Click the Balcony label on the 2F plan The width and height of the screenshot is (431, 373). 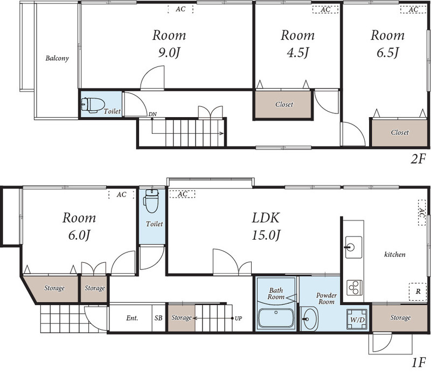pos(57,58)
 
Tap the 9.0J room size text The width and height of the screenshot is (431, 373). pos(169,52)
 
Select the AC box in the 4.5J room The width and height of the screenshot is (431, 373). pos(325,10)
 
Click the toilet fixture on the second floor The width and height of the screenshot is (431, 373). pos(93,105)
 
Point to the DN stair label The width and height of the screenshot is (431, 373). pos(152,114)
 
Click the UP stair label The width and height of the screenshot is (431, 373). pos(238,318)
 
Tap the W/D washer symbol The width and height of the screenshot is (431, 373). pos(357,320)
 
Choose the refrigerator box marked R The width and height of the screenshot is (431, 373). pos(418,291)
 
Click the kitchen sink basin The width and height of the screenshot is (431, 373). pos(353,247)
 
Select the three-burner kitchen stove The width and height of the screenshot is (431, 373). pos(354,287)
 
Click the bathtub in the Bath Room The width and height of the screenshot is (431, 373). pos(276,318)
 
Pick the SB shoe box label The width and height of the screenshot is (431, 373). pos(158,318)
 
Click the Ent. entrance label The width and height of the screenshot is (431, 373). pos(132,318)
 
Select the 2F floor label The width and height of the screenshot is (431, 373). pos(418,159)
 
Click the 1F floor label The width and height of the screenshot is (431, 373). pos(419,363)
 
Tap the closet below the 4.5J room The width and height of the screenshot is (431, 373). pos(283,105)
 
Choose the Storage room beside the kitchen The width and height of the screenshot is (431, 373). pos(400,317)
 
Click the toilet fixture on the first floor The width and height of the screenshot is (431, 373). pos(151,201)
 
